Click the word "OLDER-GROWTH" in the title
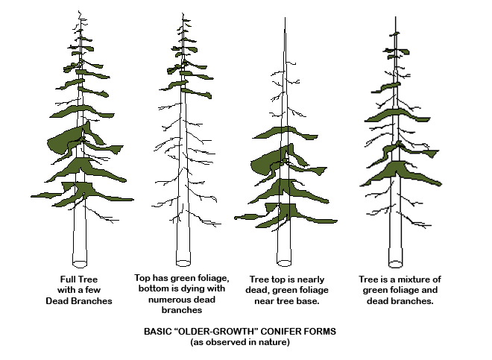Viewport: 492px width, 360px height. tap(216, 332)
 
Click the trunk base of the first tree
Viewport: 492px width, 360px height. tap(80, 263)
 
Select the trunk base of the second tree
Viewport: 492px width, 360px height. tap(183, 262)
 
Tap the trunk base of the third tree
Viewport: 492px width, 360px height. tap(284, 262)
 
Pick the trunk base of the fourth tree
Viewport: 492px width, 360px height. tap(396, 263)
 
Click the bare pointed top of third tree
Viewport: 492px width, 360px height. tap(285, 18)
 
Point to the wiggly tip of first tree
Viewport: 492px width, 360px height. tap(80, 13)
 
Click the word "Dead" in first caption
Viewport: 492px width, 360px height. tap(57, 301)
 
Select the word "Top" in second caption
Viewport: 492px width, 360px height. tap(142, 279)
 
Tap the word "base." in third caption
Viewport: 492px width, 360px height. tap(309, 301)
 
